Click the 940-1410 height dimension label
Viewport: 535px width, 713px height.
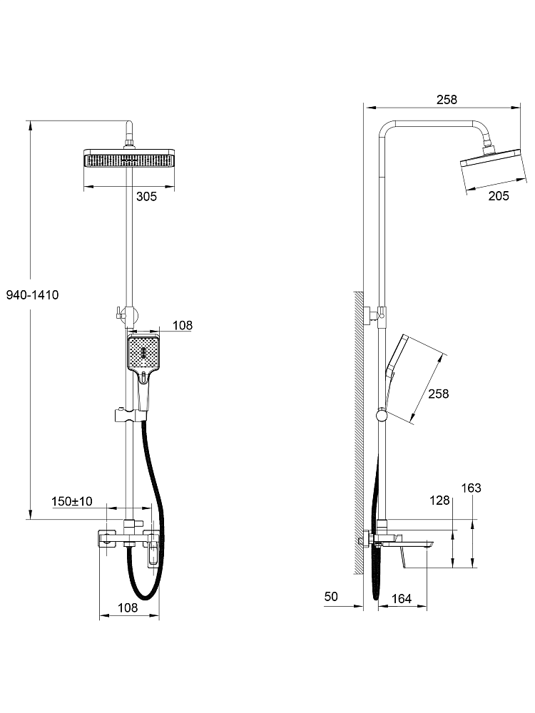tap(32, 295)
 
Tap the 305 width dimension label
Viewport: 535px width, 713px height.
tap(146, 197)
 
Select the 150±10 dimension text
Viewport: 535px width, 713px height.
tap(72, 501)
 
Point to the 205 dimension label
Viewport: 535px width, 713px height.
tap(499, 196)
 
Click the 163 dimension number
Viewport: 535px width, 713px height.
tap(471, 488)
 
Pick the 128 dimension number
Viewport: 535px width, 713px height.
tap(439, 501)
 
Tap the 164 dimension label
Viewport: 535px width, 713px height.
tap(401, 599)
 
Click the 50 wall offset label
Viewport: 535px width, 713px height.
tap(331, 596)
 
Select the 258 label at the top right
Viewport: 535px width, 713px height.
tap(447, 100)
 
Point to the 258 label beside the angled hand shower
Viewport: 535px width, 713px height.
tap(439, 394)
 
